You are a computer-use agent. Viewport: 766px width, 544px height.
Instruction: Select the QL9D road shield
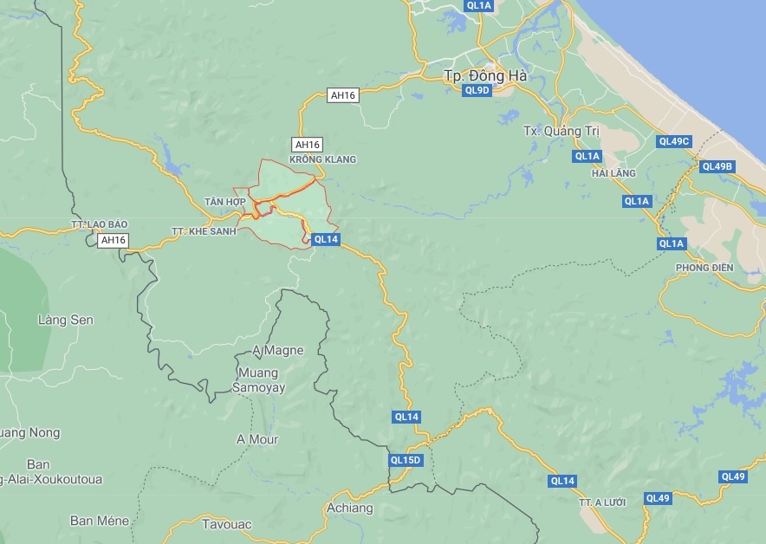point(477,90)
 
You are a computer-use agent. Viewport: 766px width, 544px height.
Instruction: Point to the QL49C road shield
point(673,141)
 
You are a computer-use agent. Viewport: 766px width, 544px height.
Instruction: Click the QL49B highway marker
point(717,166)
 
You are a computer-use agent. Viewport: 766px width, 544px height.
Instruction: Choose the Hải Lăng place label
point(613,173)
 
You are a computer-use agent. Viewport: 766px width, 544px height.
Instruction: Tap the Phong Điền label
point(704,268)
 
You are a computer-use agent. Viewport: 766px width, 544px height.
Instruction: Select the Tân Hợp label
point(225,202)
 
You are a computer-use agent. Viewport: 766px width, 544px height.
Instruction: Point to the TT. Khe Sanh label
point(204,232)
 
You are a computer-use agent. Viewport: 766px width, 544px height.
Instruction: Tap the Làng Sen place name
point(65,321)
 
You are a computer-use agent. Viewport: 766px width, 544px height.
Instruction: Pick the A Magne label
point(277,351)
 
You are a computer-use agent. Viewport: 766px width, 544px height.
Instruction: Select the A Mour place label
point(257,439)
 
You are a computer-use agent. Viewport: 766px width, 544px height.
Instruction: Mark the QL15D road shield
point(405,460)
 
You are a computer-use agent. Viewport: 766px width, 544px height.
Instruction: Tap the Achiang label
point(349,508)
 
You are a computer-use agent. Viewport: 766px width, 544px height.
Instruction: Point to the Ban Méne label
point(100,521)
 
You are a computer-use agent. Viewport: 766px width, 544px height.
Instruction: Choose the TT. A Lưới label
point(602,502)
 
